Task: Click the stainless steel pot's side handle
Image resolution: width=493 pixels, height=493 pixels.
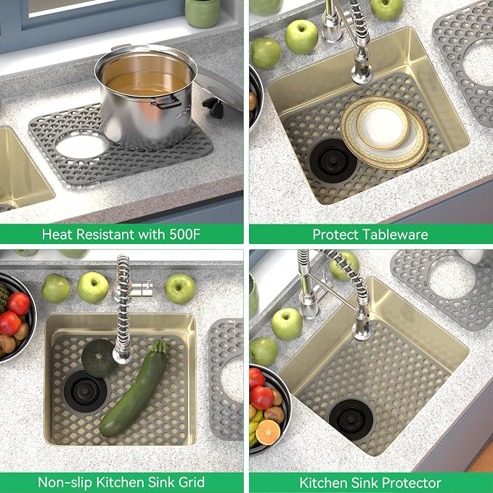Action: (167, 102)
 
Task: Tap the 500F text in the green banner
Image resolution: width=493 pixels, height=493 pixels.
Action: (185, 235)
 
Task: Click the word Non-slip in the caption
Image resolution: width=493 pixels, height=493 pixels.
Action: (65, 482)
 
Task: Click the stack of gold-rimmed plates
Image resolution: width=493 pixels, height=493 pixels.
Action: (384, 132)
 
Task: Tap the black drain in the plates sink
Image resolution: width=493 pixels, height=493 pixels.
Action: (333, 160)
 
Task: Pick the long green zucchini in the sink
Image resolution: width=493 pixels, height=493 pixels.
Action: (134, 389)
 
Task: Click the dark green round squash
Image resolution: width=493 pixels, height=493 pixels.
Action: (99, 358)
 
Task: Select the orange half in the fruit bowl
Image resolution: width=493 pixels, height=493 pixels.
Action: (268, 432)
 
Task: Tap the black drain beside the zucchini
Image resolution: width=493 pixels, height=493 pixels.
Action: (85, 391)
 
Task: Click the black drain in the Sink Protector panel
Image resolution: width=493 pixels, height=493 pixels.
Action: (351, 420)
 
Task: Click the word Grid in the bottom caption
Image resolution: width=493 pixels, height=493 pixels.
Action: (192, 482)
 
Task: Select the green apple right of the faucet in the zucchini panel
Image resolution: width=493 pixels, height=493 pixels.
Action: (180, 289)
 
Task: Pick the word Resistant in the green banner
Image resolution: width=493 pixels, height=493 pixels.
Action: (105, 235)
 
